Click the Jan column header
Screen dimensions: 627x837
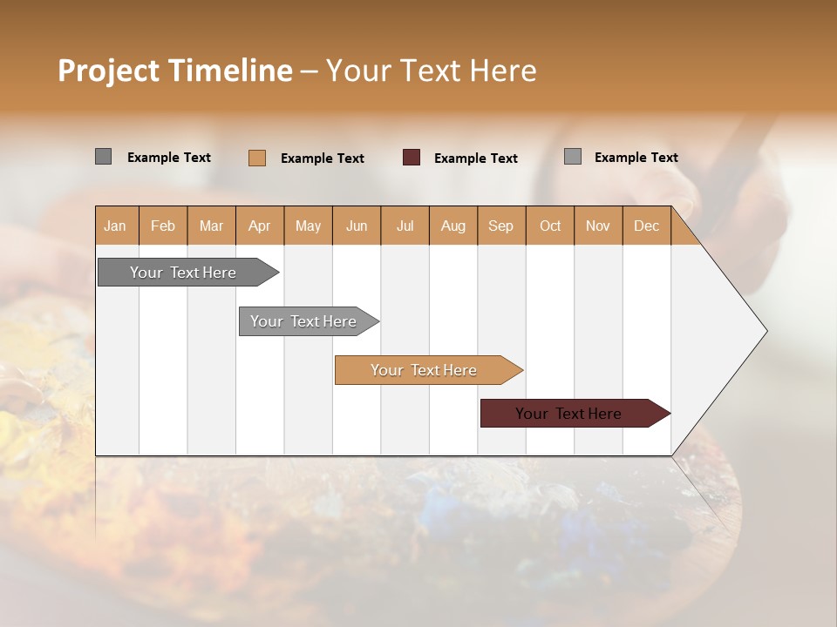[116, 226]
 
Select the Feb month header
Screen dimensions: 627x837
[163, 226]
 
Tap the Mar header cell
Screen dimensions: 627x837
[211, 226]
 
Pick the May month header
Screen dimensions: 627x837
[308, 226]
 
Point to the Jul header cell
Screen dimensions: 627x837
[405, 226]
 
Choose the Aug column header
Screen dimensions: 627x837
[453, 226]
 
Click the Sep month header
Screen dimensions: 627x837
[501, 226]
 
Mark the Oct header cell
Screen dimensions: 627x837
[550, 226]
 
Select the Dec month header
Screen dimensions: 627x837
[646, 226]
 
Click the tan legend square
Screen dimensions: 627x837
[257, 158]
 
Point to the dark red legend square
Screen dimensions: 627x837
[412, 158]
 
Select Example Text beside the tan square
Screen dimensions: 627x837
[323, 158]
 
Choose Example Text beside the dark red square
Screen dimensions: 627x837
[476, 158]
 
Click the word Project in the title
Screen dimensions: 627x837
[108, 71]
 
